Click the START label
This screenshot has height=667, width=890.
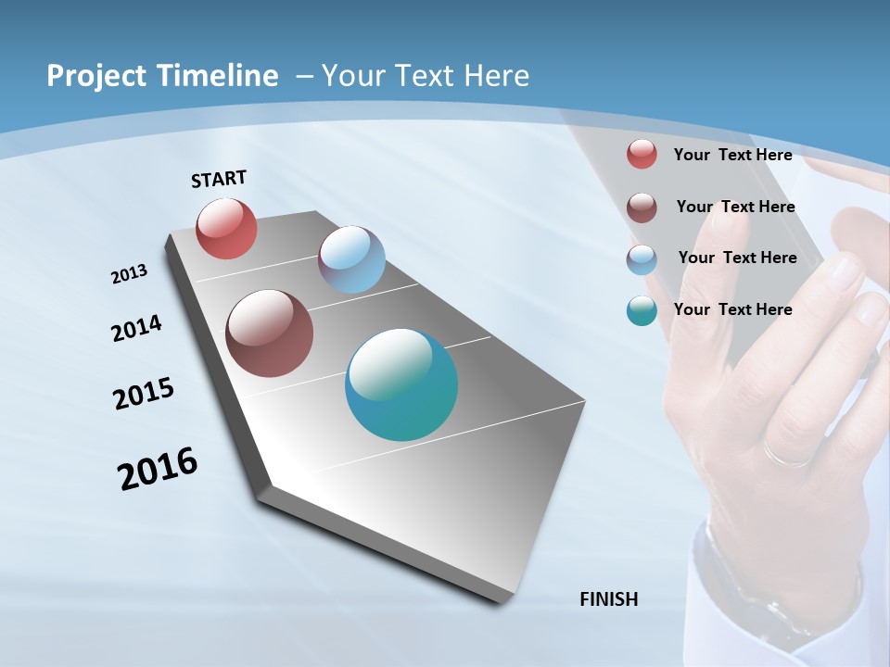coord(219,179)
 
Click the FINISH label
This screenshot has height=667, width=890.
coord(608,599)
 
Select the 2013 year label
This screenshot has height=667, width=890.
coord(129,274)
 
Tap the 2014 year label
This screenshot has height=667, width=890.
coord(136,328)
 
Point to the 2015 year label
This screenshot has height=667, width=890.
coord(143,394)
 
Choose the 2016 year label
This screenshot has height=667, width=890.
coord(158,469)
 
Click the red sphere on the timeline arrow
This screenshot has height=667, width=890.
coord(226,228)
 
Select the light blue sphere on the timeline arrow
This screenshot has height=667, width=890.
coord(351,259)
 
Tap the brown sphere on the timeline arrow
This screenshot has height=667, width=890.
coord(269,333)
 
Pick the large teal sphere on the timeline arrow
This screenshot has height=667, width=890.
coord(400,384)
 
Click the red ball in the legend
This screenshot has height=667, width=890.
coord(642,154)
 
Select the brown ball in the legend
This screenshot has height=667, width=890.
coord(642,208)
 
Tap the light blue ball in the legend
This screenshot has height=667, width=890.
coord(642,259)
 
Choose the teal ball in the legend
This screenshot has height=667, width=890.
coord(642,311)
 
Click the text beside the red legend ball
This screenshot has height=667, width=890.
coord(732,155)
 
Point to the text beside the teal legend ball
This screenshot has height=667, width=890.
coord(732,309)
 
